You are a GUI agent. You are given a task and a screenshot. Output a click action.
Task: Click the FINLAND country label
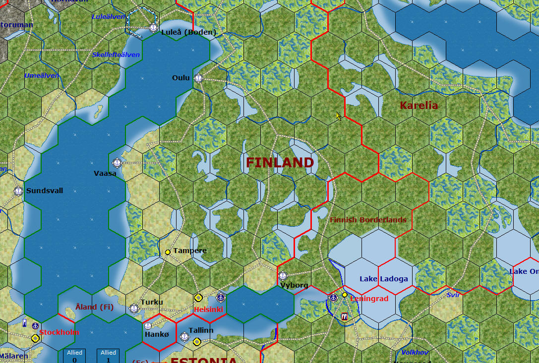point(280,162)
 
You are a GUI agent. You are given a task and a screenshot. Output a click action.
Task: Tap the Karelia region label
point(419,105)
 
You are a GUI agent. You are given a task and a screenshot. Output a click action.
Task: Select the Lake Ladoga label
point(384,279)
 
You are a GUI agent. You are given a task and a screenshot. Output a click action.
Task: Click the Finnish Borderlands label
point(368,220)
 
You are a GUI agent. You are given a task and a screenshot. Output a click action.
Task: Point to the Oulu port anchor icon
point(198,78)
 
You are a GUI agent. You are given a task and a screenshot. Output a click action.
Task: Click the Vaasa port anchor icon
point(117,162)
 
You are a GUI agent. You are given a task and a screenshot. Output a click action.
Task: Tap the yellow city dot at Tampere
point(168,252)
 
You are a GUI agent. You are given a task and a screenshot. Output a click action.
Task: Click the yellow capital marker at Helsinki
point(198,298)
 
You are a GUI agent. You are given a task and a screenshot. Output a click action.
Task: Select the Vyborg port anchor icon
point(283,276)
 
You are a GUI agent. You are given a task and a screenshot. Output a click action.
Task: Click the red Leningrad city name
point(369,299)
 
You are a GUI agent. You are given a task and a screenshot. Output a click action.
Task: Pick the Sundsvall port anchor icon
point(18,191)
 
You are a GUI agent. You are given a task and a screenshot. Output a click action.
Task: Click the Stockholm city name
point(59,332)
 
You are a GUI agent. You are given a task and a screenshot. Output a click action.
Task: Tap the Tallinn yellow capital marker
point(197,342)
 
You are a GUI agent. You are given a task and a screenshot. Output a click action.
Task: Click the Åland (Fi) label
point(95,307)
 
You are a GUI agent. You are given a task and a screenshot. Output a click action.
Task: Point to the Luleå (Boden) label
point(189,32)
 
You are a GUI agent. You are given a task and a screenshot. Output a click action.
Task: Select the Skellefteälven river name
point(116,54)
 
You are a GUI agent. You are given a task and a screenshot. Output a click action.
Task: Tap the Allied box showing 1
point(108,356)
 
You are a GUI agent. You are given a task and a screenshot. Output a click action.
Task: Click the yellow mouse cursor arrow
point(339,116)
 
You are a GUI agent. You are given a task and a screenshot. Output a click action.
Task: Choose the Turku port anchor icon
point(133,309)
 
